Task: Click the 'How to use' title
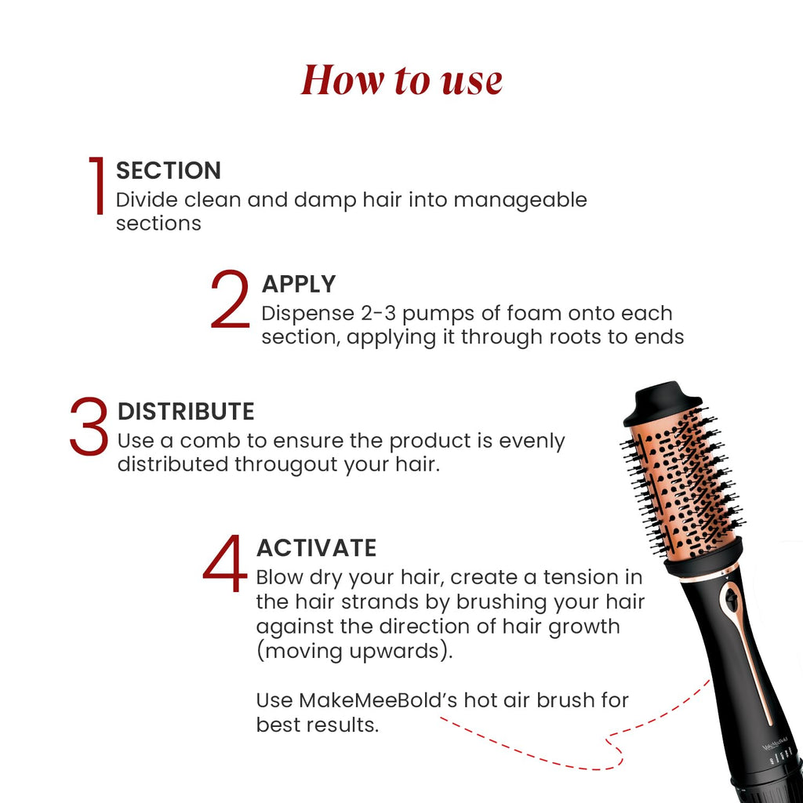tap(401, 80)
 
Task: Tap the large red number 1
tap(97, 186)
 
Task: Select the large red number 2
tap(230, 300)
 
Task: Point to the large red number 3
tap(89, 427)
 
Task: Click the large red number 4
tap(224, 564)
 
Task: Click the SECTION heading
tap(169, 170)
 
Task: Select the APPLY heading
tap(298, 284)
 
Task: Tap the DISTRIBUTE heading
tap(186, 412)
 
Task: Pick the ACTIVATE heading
tap(316, 547)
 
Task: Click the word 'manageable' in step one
tap(520, 200)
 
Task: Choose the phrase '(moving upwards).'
tap(354, 652)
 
